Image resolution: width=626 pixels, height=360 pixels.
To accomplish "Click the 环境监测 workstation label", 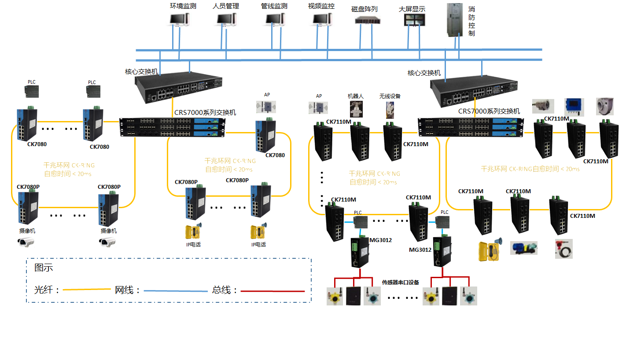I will [183, 6].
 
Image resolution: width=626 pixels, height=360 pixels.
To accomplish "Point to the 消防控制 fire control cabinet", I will [455, 21].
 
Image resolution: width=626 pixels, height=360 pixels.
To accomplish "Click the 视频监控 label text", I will [321, 6].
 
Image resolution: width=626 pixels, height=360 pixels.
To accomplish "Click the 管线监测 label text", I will [274, 6].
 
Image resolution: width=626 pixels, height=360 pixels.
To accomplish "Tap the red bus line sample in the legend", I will [273, 291].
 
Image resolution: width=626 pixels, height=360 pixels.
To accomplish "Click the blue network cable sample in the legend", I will [176, 291].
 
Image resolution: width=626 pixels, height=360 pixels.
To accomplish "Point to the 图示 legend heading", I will [44, 268].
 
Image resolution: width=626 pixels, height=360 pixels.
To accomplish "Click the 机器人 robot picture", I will [355, 109].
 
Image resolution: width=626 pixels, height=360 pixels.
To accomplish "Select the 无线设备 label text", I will [390, 96].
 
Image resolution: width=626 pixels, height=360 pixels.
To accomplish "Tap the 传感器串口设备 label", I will [400, 283].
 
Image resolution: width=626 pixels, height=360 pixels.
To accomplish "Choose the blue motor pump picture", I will [524, 247].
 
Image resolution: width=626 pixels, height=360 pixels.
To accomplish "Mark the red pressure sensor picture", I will [564, 249].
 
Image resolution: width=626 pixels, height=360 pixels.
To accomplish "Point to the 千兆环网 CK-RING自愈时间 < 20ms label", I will [530, 169].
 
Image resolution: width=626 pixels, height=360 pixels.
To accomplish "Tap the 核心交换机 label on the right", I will [424, 73].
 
